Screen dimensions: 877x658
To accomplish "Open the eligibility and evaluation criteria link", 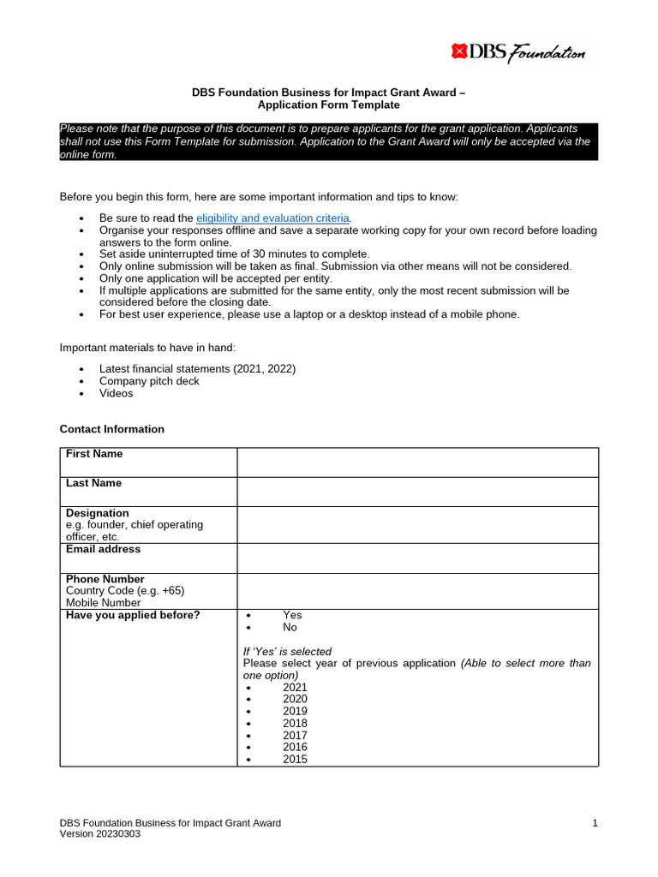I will pyautogui.click(x=273, y=218).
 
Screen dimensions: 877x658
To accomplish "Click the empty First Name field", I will pyautogui.click(x=417, y=462).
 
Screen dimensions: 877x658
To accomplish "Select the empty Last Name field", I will pyautogui.click(x=417, y=492).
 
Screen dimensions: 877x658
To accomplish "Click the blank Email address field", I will pyautogui.click(x=417, y=558).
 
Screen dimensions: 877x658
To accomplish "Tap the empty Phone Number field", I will pyautogui.click(x=417, y=591).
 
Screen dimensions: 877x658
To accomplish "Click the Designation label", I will pyautogui.click(x=98, y=513).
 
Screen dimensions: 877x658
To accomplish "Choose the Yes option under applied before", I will pyautogui.click(x=292, y=615).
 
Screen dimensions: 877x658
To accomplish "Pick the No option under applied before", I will pyautogui.click(x=290, y=627).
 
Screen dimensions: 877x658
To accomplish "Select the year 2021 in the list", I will pyautogui.click(x=295, y=687).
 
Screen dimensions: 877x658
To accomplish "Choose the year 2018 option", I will pyautogui.click(x=295, y=723).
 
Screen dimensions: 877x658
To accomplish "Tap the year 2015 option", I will pyautogui.click(x=295, y=759).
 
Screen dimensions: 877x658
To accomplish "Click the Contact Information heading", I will pyautogui.click(x=111, y=429).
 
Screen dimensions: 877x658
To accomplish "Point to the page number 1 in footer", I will pyautogui.click(x=595, y=823).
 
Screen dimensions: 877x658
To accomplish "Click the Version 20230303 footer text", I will pyautogui.click(x=100, y=834).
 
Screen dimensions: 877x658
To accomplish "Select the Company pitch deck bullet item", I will pyautogui.click(x=149, y=381).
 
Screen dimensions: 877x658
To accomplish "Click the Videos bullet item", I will pyautogui.click(x=117, y=393).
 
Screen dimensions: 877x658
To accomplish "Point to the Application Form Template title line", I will pyautogui.click(x=329, y=104).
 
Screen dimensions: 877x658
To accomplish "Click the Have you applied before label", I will pyautogui.click(x=133, y=615).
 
